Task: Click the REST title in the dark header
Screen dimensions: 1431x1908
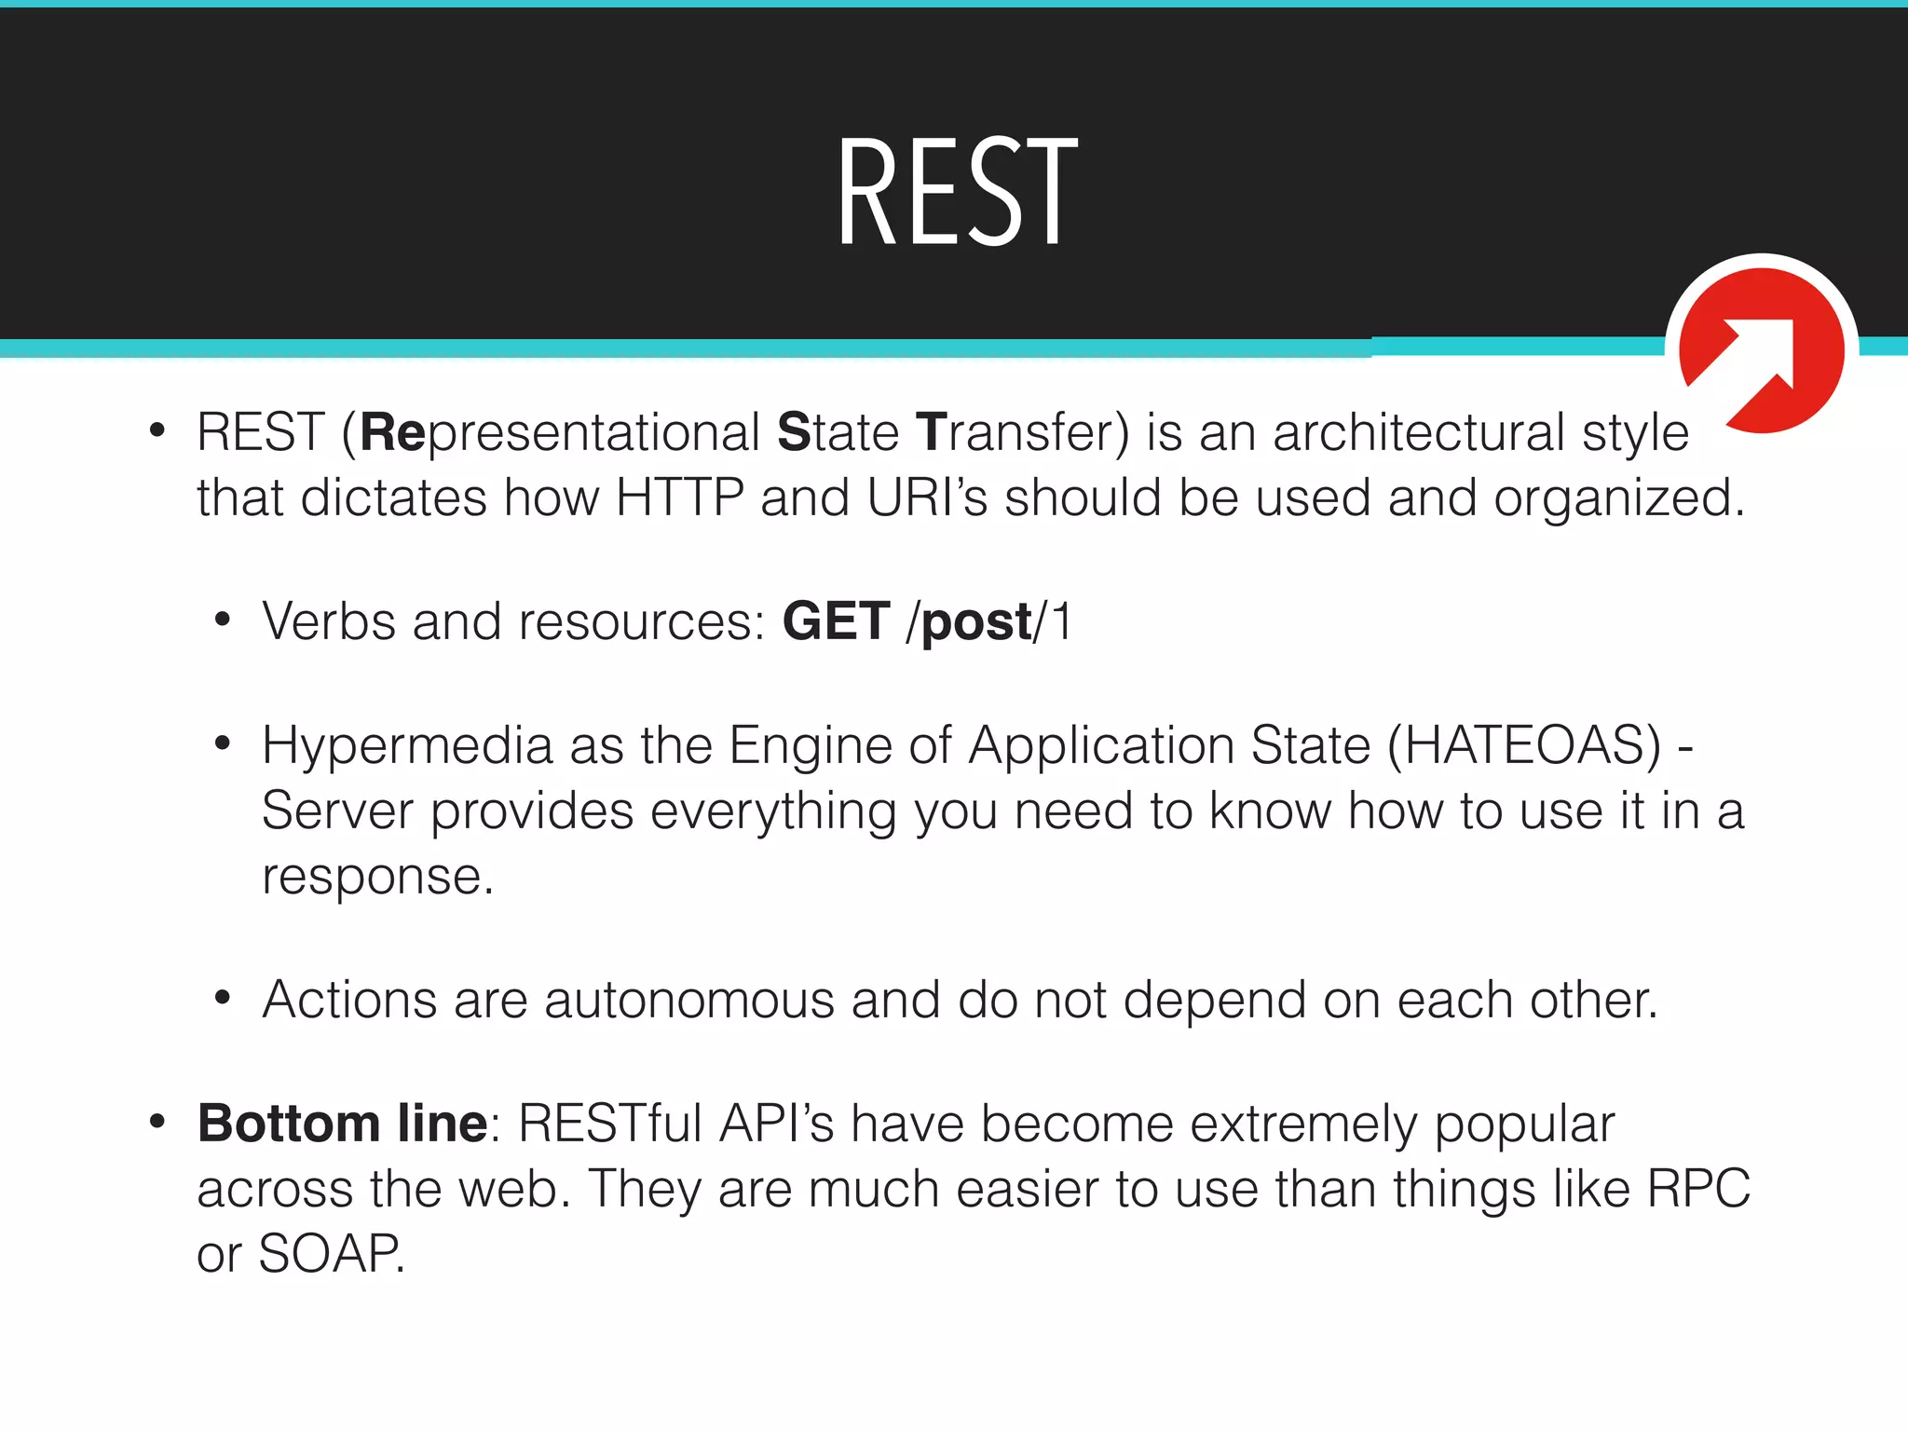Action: [957, 192]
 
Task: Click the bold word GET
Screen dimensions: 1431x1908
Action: [836, 621]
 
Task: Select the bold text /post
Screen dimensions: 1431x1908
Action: [970, 623]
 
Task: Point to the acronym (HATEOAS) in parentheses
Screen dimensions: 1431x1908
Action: [1524, 746]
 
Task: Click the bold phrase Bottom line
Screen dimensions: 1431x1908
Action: [342, 1124]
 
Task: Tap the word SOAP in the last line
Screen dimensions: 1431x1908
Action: [330, 1254]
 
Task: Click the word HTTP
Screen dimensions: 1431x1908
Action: [679, 497]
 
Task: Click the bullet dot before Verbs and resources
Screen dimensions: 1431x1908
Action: [222, 620]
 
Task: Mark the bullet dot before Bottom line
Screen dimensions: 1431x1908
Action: [157, 1122]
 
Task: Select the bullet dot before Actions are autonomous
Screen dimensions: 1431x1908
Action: [222, 999]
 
